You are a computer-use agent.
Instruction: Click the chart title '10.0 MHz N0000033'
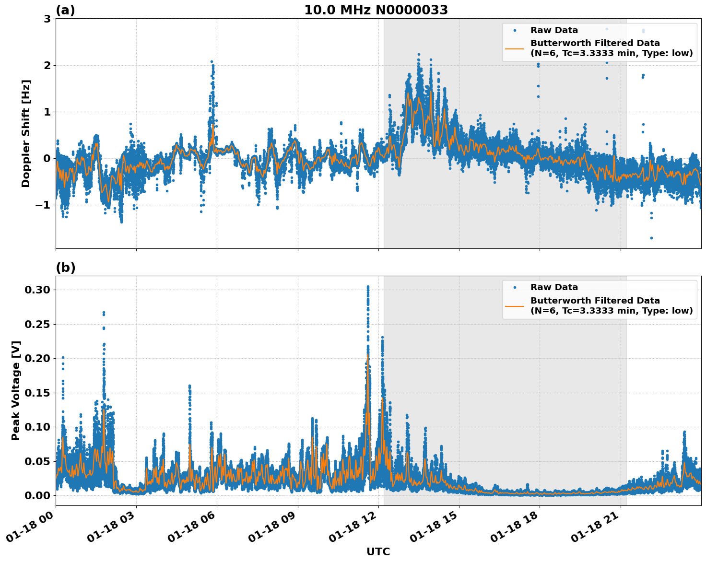pos(376,10)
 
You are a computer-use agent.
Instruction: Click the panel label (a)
pos(65,10)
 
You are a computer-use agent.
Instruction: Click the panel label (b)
pos(66,268)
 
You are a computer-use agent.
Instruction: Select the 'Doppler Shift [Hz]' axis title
pos(26,133)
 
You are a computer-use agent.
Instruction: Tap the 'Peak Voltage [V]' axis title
pos(16,390)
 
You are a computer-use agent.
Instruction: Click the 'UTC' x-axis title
pos(378,551)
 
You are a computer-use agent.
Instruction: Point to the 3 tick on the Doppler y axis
pos(47,19)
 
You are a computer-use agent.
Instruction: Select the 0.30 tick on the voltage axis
pos(37,290)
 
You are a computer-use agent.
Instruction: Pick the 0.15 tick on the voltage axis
pos(37,393)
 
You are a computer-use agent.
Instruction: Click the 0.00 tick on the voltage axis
pos(37,495)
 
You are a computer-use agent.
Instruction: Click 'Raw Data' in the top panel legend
pos(554,30)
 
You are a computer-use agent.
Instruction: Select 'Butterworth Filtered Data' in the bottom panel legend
pos(595,301)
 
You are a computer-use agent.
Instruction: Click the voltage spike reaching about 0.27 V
pos(104,313)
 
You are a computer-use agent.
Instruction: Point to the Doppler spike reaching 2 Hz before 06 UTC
pos(212,62)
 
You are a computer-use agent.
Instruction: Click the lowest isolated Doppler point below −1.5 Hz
pos(651,238)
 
